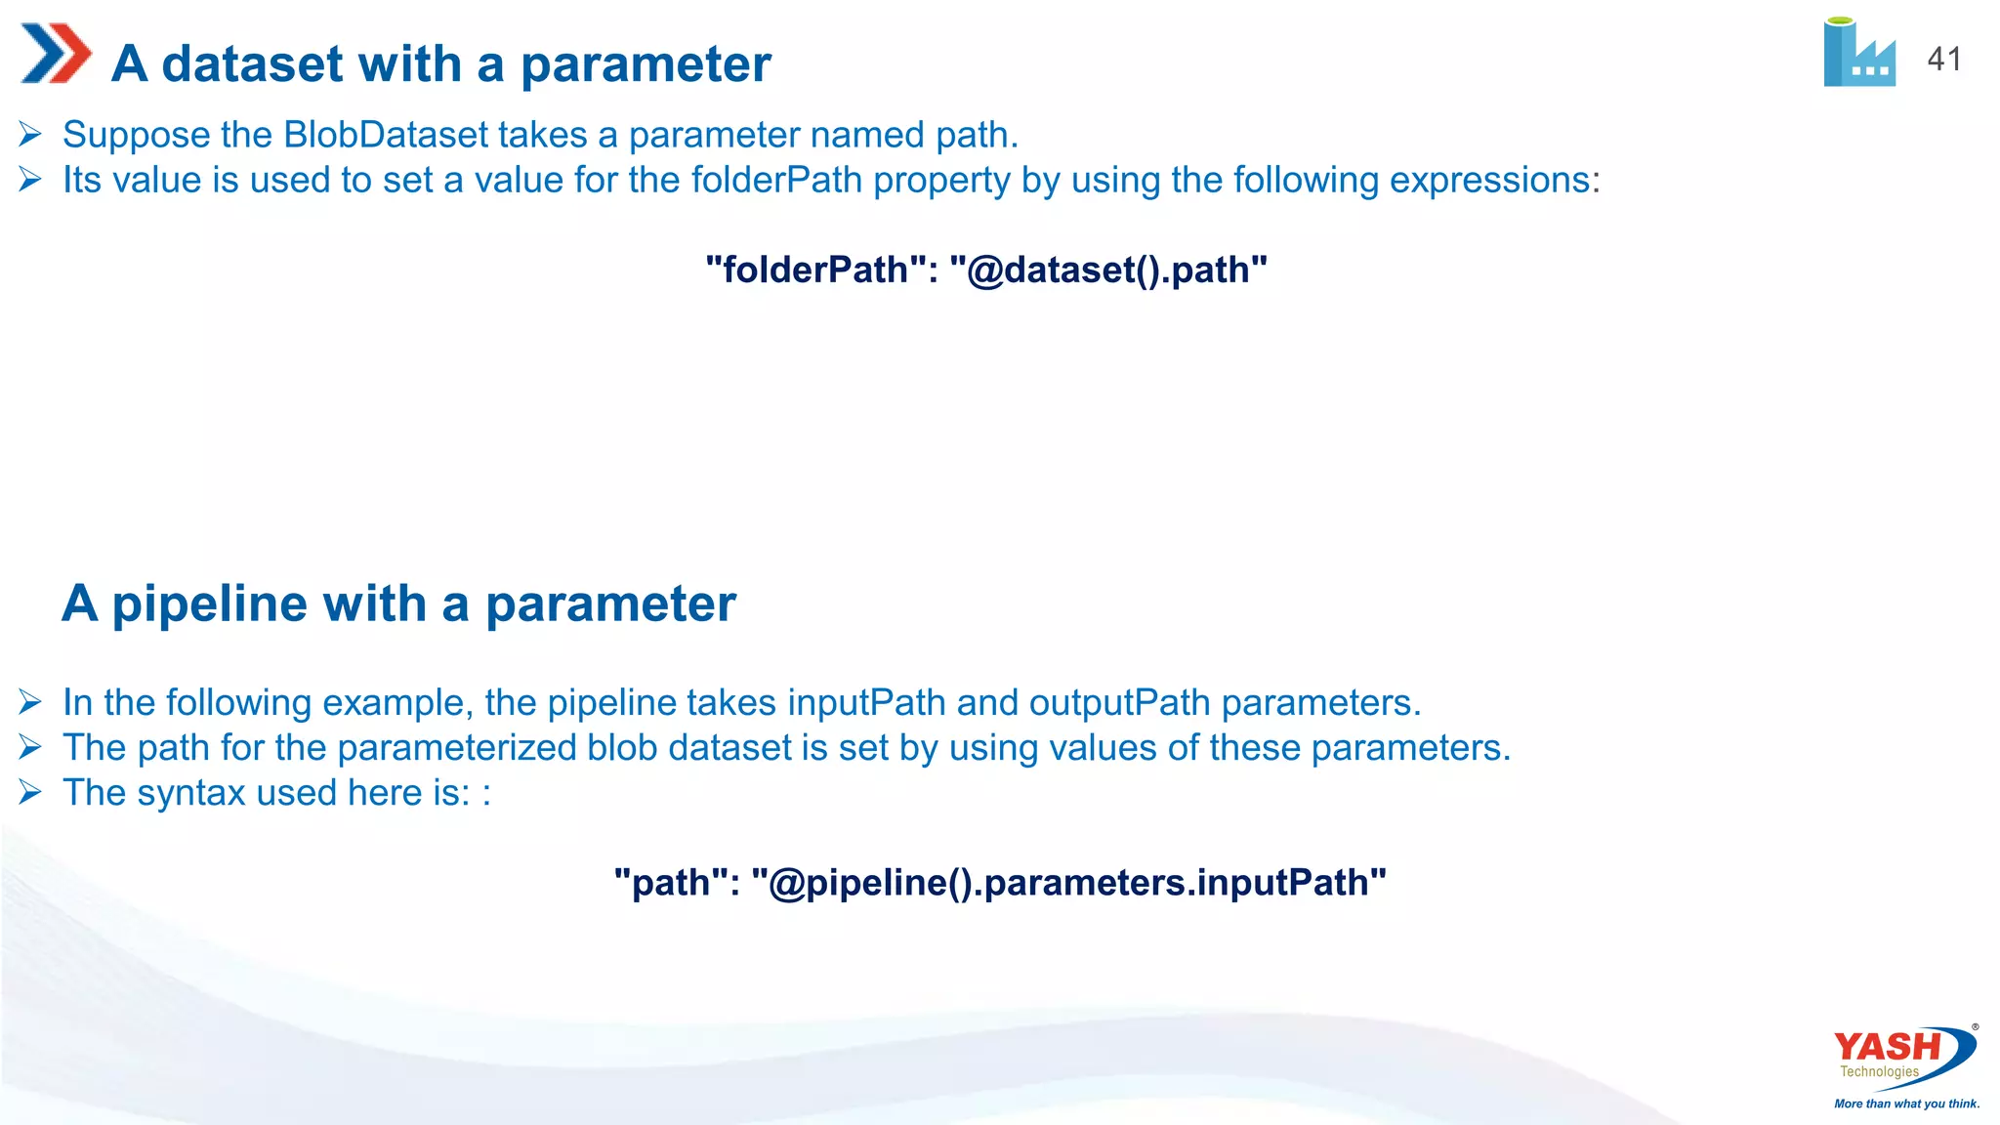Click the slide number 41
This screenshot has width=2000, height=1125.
[x=1943, y=60]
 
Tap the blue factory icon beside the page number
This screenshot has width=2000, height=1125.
[x=1859, y=54]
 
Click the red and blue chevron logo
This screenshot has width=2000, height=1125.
[x=56, y=54]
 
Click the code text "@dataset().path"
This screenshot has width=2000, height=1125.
[x=1108, y=270]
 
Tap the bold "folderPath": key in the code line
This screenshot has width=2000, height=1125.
[x=821, y=270]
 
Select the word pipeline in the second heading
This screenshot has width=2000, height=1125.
[x=270, y=604]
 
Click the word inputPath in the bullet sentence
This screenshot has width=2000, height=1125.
[x=866, y=702]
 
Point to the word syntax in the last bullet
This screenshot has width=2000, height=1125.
[x=190, y=792]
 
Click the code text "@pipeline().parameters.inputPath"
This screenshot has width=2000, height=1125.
[x=1068, y=882]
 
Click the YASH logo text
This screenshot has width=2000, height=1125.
[x=1887, y=1047]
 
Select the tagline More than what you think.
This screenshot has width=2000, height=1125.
[x=1906, y=1104]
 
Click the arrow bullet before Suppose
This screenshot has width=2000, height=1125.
[x=30, y=135]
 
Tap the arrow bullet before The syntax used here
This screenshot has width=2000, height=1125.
[x=30, y=792]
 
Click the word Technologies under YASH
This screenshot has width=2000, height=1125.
[x=1879, y=1071]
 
